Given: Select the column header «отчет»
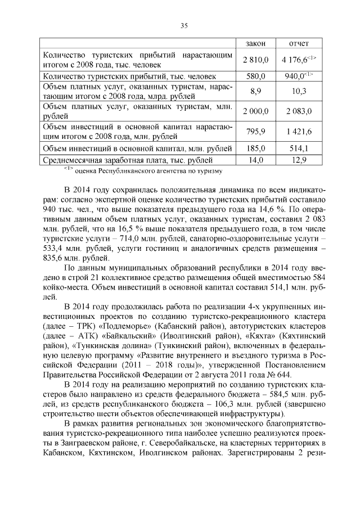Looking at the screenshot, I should click(298, 43).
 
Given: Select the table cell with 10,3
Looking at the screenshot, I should click(299, 91).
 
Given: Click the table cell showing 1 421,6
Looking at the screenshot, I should click(299, 132).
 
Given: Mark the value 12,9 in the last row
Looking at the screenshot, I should click(299, 160).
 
